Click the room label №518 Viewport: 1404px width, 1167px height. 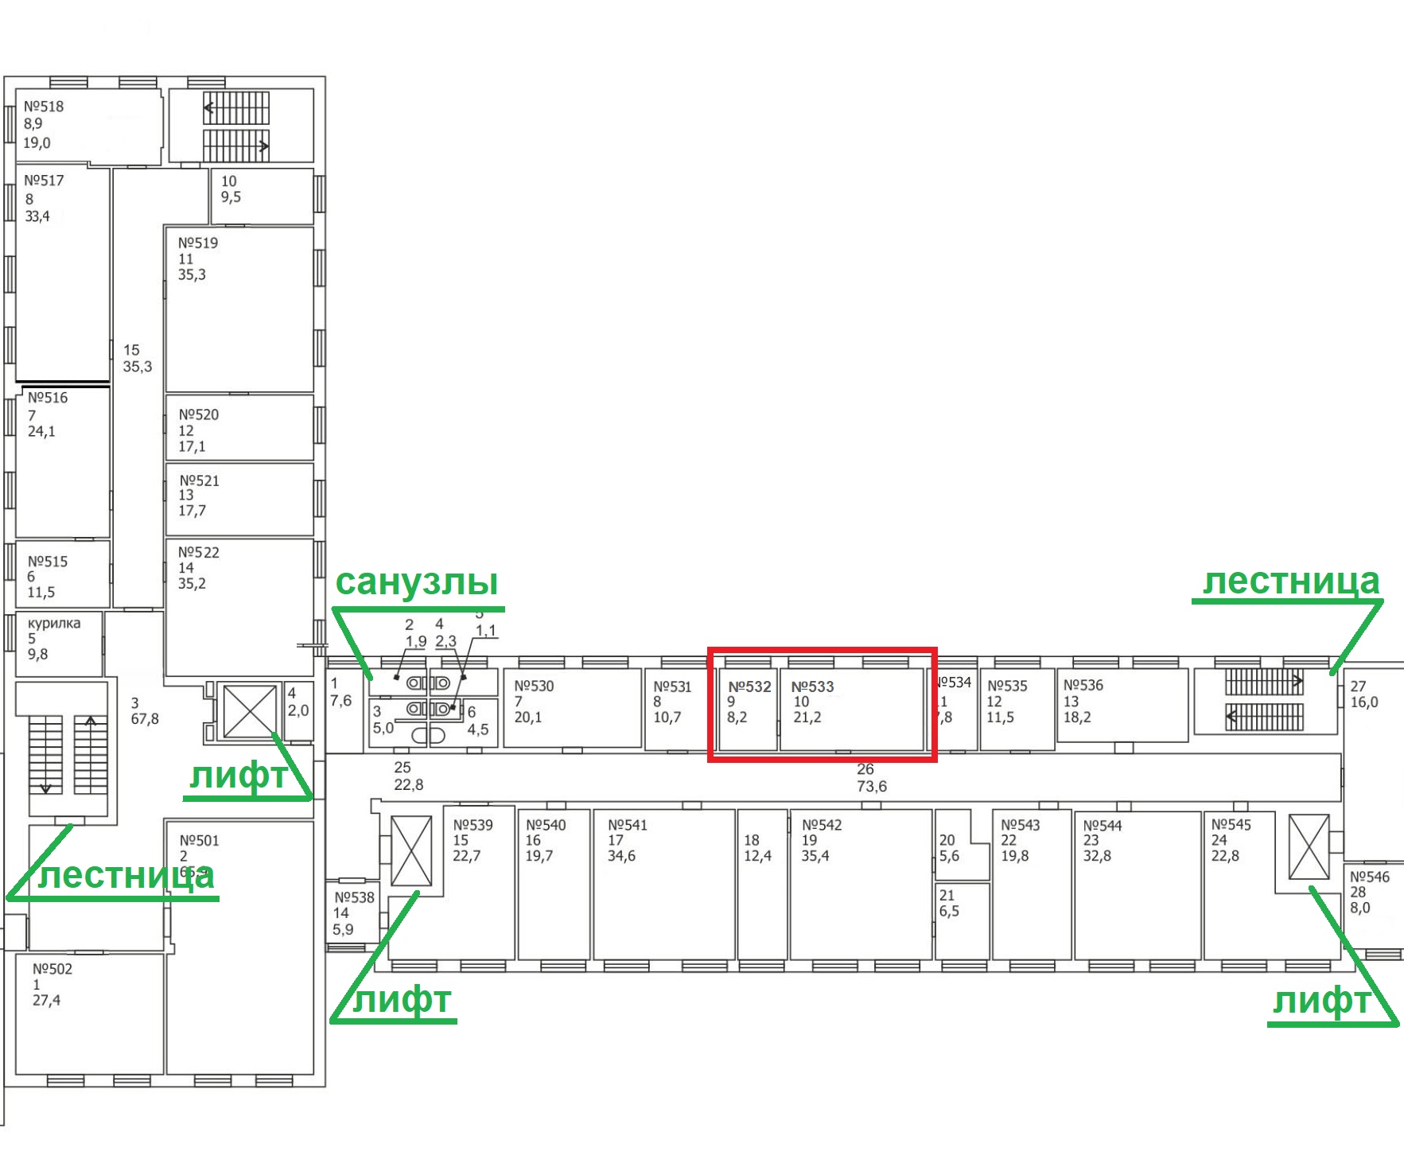tap(44, 107)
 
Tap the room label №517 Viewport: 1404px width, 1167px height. tap(44, 181)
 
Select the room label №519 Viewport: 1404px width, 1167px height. tap(198, 243)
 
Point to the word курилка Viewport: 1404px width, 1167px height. tap(54, 623)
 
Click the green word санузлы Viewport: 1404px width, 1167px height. tap(417, 582)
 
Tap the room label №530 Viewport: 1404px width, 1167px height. tap(534, 686)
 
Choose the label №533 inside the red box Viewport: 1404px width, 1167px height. tap(812, 687)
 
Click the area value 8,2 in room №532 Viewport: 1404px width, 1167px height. tap(737, 717)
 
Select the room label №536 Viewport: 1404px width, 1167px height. tap(1083, 685)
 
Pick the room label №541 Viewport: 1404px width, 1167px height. tap(628, 825)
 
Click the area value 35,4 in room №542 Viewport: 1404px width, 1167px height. tap(815, 856)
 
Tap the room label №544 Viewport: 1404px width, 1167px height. tap(1103, 826)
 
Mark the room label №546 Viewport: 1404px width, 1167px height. tap(1370, 877)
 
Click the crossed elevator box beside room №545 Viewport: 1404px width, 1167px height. tap(1309, 846)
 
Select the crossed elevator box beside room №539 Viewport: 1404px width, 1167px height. tap(411, 850)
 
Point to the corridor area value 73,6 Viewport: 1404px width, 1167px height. tap(872, 786)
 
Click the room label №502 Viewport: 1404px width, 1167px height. tap(53, 969)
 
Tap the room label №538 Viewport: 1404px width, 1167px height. tap(354, 897)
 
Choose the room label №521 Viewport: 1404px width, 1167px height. tap(199, 480)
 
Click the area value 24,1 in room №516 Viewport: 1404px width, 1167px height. tap(41, 431)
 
